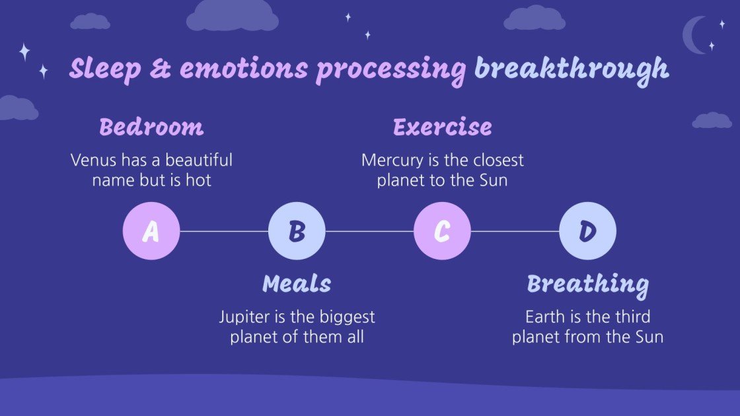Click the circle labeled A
coord(151,231)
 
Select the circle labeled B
coord(297,231)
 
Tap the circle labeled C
coord(442,231)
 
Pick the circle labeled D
coord(587,231)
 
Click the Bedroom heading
coord(151,127)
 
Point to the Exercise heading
coord(442,127)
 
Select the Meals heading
coord(297,284)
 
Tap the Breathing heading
coord(587,285)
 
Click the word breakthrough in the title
coord(571,69)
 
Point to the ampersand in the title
coord(159,69)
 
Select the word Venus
coord(91,160)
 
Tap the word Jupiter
coord(244,317)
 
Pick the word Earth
coord(543,317)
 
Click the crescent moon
coord(694,34)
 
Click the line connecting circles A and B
coord(224,231)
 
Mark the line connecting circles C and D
coord(515,231)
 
